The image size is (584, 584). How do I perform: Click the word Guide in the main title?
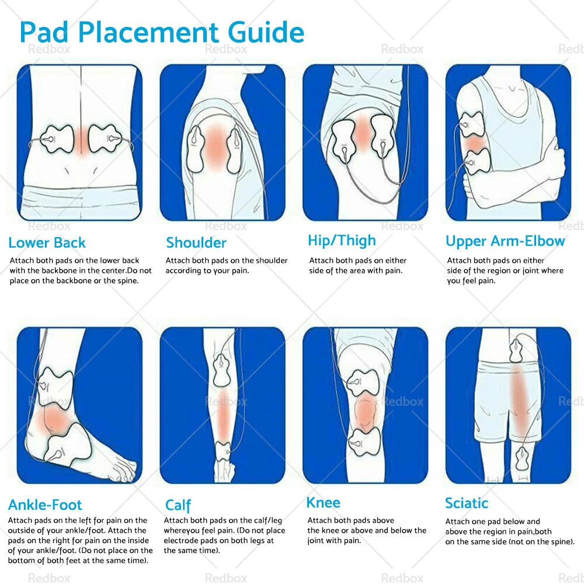pyautogui.click(x=266, y=32)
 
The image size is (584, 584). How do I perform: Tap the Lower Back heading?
pyautogui.click(x=47, y=243)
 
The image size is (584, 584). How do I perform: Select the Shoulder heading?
pyautogui.click(x=196, y=243)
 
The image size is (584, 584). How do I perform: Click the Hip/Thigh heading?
pyautogui.click(x=342, y=241)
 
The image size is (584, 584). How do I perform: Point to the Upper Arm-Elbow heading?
pyautogui.click(x=505, y=241)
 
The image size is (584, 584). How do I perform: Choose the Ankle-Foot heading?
pyautogui.click(x=45, y=505)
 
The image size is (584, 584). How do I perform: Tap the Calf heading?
pyautogui.click(x=178, y=505)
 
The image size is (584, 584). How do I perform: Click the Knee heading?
pyautogui.click(x=324, y=503)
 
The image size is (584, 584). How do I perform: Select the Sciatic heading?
pyautogui.click(x=467, y=503)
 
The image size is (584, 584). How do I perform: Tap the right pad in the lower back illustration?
pyautogui.click(x=105, y=139)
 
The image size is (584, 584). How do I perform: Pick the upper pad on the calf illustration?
pyautogui.click(x=222, y=370)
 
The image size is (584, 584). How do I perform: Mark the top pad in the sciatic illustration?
pyautogui.click(x=516, y=351)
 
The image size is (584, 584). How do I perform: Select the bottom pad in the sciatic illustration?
pyautogui.click(x=522, y=459)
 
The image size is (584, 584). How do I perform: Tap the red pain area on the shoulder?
pyautogui.click(x=215, y=148)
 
